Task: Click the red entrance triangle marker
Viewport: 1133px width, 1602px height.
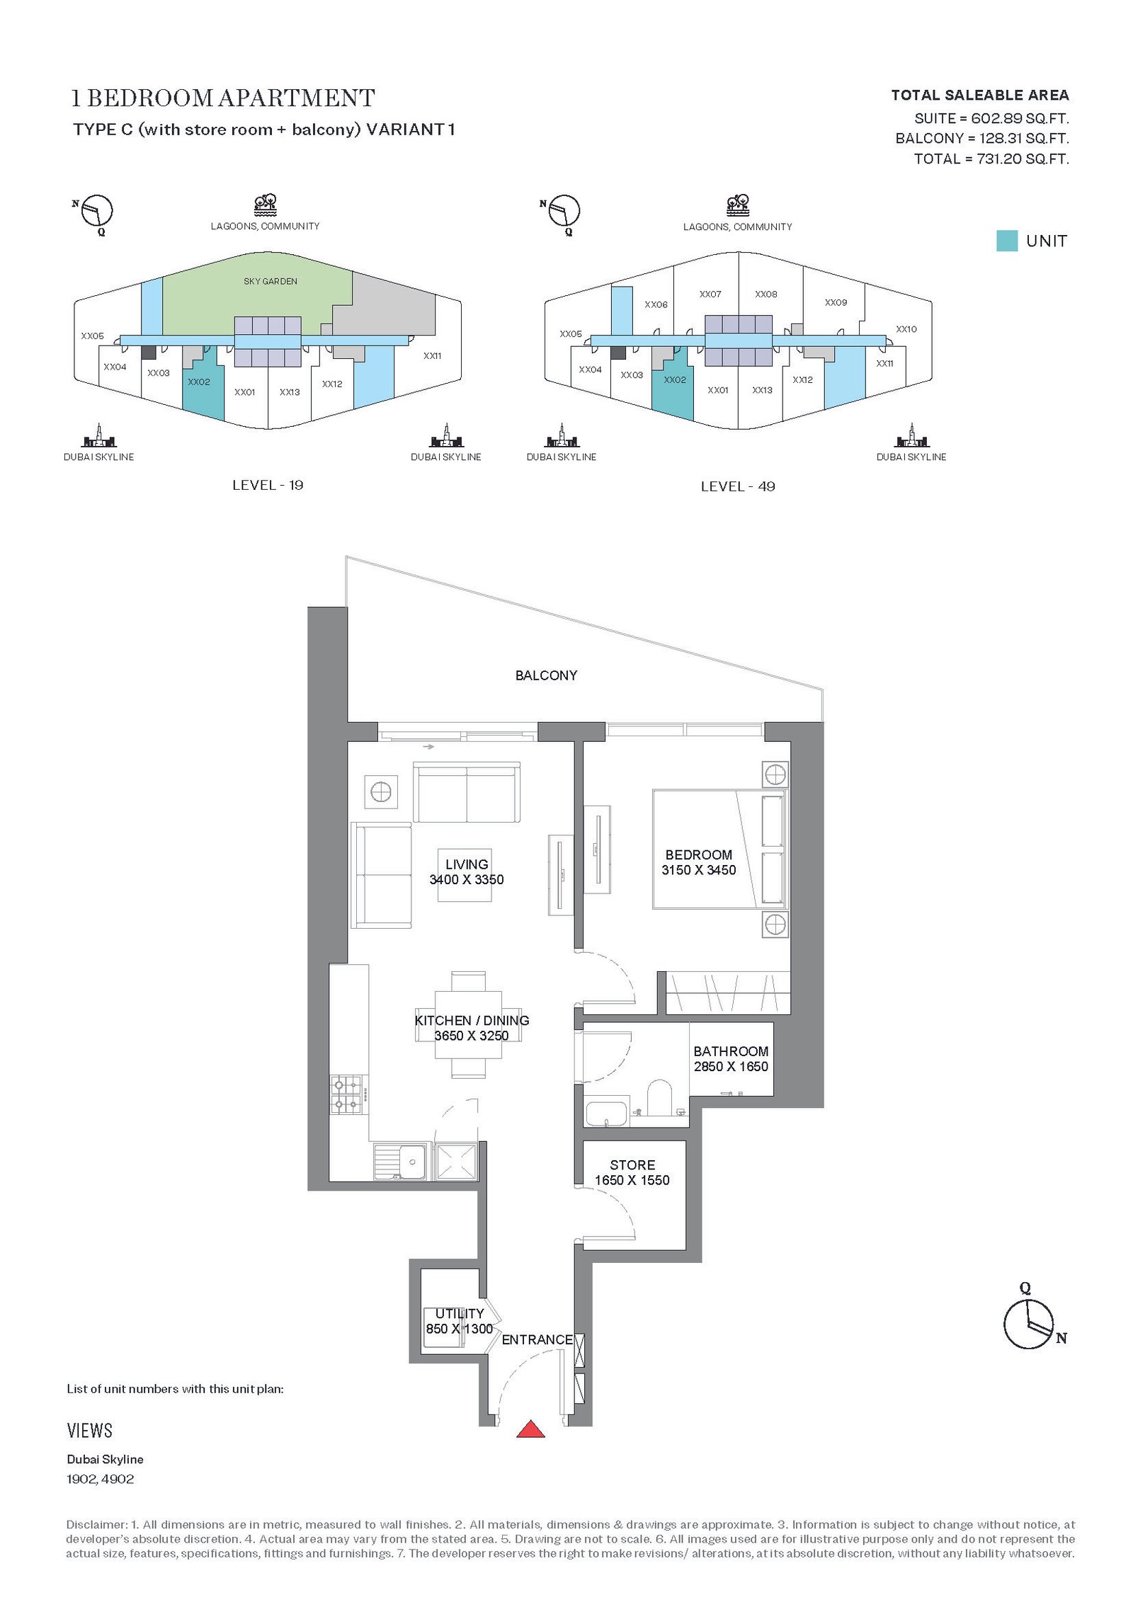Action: click(x=530, y=1429)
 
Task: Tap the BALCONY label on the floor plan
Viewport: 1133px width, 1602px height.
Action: click(x=546, y=675)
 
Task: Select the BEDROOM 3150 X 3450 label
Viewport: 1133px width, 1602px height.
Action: click(x=699, y=862)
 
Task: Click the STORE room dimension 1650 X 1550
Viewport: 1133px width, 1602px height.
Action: click(x=632, y=1180)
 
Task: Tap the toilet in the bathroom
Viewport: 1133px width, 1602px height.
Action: click(x=659, y=1097)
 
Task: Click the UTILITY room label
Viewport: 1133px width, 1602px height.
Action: click(x=460, y=1313)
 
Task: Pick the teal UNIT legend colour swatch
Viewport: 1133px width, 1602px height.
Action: click(x=1006, y=241)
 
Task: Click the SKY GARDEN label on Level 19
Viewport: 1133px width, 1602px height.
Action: click(x=271, y=281)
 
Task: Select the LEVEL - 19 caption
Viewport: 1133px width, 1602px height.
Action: click(x=268, y=485)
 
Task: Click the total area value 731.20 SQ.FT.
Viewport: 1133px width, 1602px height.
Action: click(x=1023, y=159)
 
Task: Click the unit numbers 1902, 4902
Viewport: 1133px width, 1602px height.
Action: click(x=100, y=1479)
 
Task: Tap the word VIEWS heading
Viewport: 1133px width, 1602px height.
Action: click(x=89, y=1431)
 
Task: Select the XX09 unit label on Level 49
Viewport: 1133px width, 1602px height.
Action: click(x=836, y=302)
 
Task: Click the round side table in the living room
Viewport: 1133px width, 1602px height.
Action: click(x=381, y=791)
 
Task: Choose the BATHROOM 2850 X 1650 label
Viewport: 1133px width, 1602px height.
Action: click(x=731, y=1059)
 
